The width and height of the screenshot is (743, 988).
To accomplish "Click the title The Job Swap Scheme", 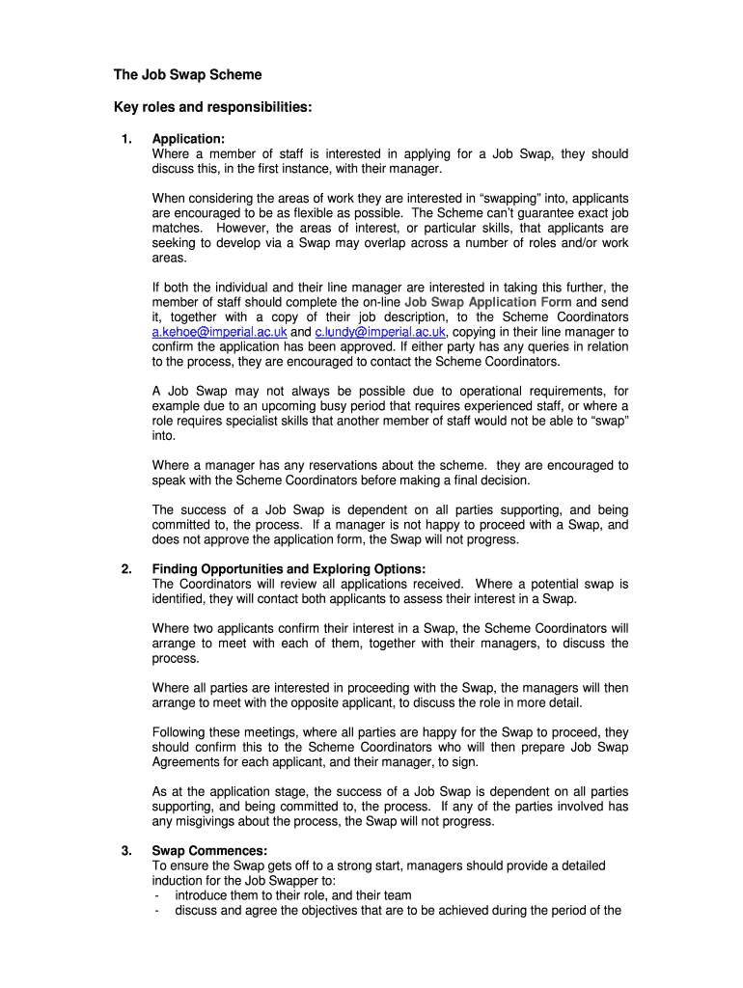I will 188,74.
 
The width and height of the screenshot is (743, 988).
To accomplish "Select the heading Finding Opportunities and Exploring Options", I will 289,569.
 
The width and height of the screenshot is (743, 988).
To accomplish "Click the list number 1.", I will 126,139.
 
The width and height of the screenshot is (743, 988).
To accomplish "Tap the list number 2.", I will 126,569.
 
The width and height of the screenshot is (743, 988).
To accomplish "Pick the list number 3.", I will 126,851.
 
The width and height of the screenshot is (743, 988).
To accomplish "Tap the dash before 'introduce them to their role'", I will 156,895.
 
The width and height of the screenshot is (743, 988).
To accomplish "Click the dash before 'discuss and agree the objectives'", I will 156,910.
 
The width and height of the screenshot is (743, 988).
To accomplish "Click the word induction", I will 179,881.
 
